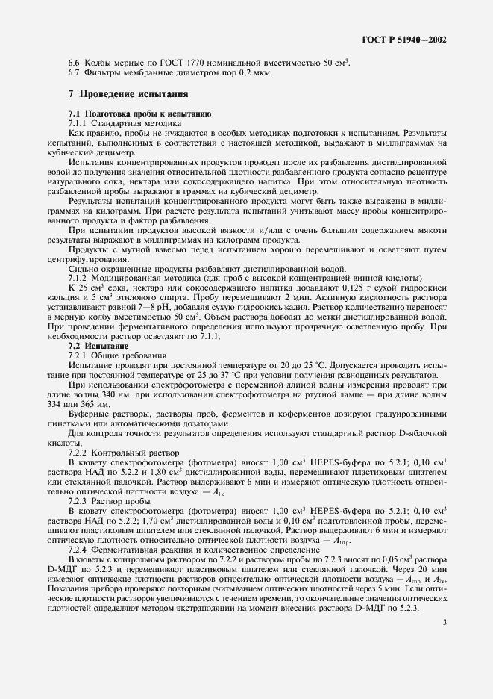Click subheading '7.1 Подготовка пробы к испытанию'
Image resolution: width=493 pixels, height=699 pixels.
coord(139,113)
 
